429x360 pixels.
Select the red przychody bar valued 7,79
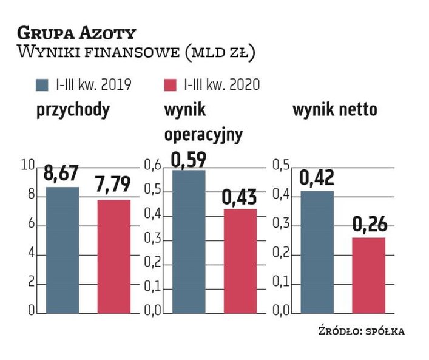click(113, 256)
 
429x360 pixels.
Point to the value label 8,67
click(62, 174)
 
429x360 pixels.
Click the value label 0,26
click(368, 225)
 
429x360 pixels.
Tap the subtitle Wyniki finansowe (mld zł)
click(137, 53)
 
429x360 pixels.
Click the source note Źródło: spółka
click(360, 331)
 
